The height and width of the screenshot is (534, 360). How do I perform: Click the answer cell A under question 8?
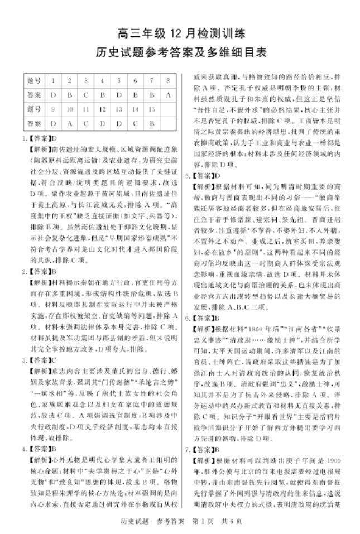click(x=168, y=94)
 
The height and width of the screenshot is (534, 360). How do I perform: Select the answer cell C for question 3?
click(x=86, y=94)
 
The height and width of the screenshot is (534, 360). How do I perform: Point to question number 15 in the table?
click(x=151, y=108)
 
